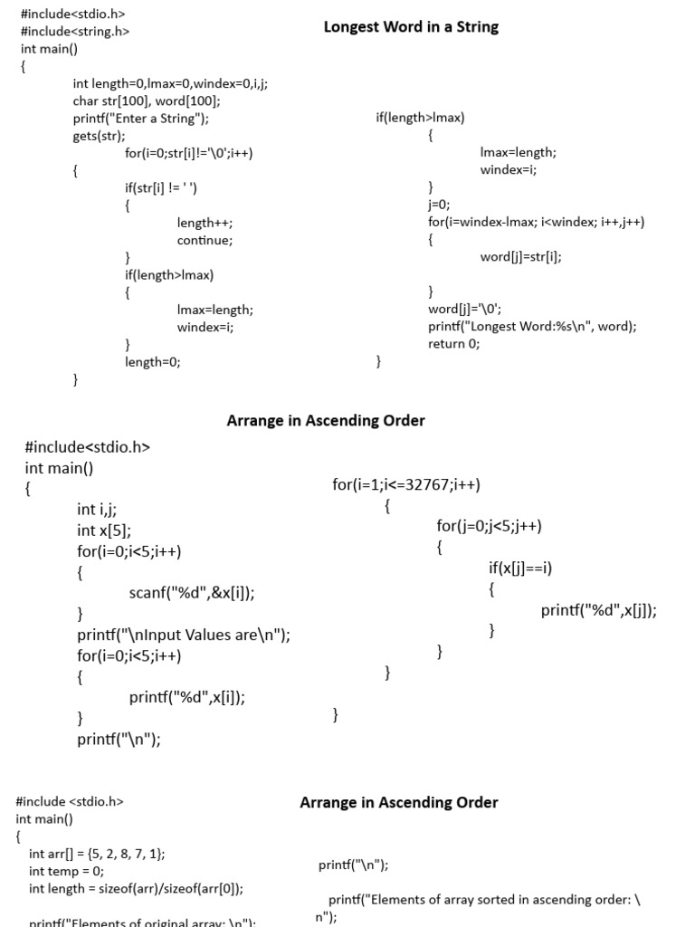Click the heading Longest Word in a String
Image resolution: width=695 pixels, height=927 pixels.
click(x=411, y=27)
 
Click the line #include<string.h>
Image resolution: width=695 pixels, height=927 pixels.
click(x=75, y=32)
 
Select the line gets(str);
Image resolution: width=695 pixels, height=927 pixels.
click(x=100, y=136)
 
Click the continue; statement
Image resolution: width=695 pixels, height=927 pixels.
click(x=205, y=240)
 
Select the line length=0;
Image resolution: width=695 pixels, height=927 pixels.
click(x=153, y=362)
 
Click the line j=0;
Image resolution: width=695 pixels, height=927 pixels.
click(x=439, y=205)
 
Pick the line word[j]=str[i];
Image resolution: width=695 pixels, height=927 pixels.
click(x=521, y=257)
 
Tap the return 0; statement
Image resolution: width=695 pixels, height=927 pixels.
click(x=454, y=344)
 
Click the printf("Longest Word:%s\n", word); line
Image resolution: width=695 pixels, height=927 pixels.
click(x=532, y=327)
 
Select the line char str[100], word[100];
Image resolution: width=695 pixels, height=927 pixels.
click(x=147, y=101)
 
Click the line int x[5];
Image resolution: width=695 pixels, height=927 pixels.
click(x=104, y=530)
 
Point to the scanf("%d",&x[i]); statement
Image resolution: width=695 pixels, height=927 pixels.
click(x=192, y=593)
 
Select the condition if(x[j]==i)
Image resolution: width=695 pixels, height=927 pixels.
click(x=520, y=569)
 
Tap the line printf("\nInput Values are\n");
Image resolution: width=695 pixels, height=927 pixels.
click(x=184, y=635)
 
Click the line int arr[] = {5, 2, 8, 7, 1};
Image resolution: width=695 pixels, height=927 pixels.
click(x=97, y=854)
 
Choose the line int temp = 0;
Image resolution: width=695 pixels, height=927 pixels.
click(x=66, y=871)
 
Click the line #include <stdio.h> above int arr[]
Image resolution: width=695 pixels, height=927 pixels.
click(x=70, y=801)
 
